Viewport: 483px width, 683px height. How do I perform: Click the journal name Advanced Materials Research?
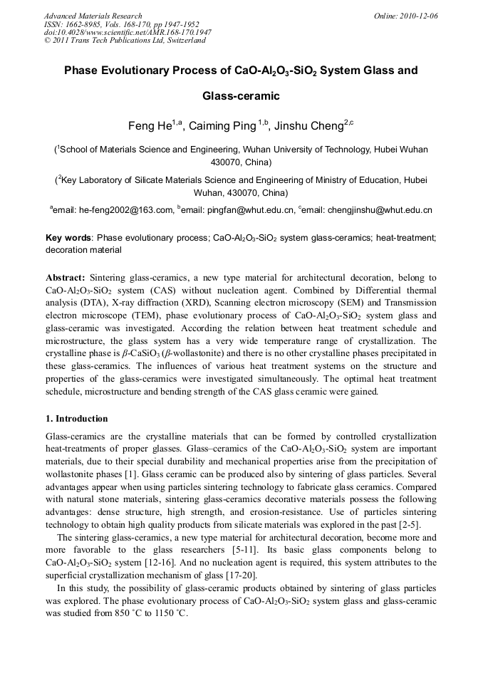pyautogui.click(x=93, y=16)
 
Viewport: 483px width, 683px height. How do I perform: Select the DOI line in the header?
pyautogui.click(x=128, y=32)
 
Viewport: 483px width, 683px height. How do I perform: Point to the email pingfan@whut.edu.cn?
pyautogui.click(x=249, y=210)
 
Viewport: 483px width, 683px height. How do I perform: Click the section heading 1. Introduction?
pyautogui.click(x=76, y=418)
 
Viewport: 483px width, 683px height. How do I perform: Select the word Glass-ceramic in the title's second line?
pyautogui.click(x=241, y=95)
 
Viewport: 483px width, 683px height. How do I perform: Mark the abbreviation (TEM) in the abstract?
pyautogui.click(x=171, y=315)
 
